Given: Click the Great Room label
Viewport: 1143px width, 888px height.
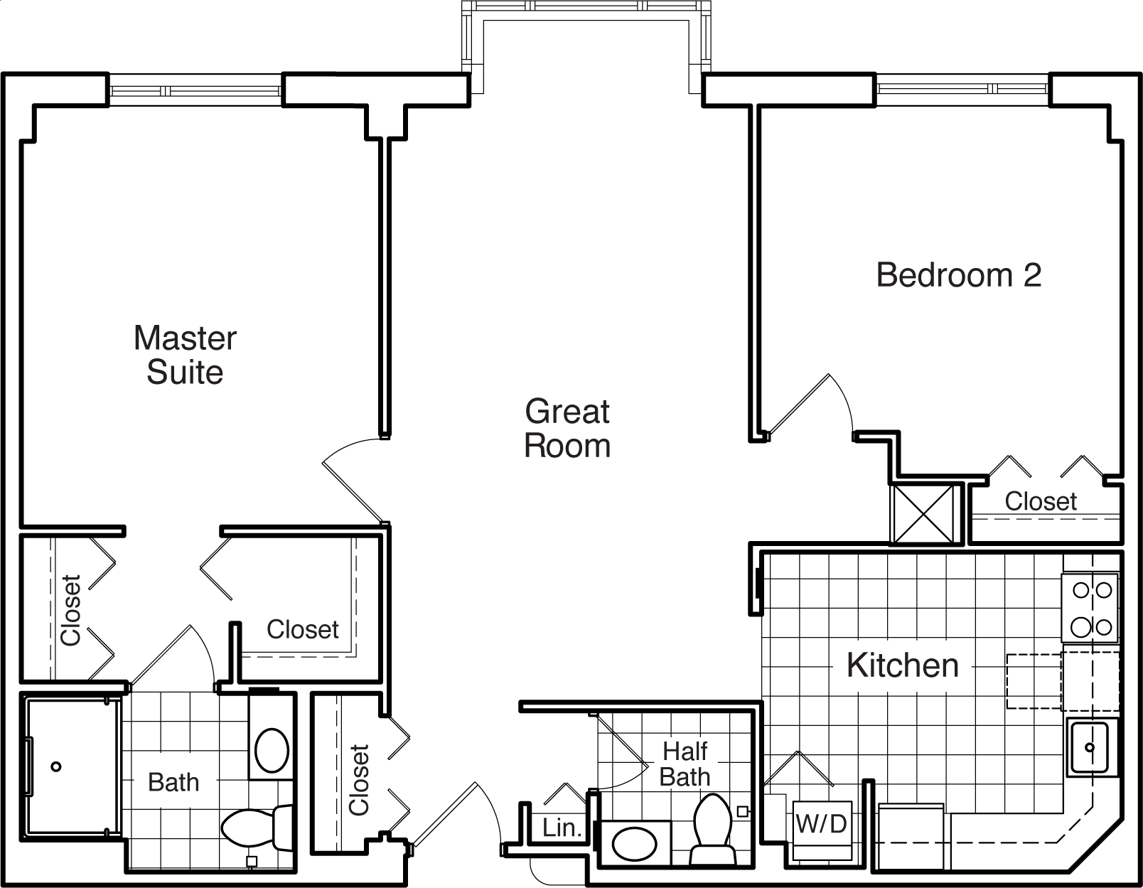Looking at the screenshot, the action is coord(567,428).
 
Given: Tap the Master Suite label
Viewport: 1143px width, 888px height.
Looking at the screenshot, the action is coord(185,355).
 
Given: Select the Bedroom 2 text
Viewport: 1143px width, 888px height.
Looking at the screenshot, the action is coord(958,274).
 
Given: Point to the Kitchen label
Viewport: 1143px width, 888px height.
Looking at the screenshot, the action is coord(903,665).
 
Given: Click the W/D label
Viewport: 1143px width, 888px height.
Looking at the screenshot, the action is coord(821,824).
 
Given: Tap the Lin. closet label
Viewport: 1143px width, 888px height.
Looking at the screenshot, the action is coord(562,828).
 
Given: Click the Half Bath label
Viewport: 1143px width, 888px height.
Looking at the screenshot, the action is coord(685,764).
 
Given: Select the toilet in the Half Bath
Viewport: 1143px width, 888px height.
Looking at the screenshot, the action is coord(713,830).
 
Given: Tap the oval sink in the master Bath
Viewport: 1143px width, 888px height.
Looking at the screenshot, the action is coord(272,751).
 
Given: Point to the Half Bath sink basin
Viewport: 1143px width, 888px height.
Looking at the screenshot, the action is coord(634,844).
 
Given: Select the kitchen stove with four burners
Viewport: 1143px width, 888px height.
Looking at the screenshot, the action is coord(1090,608).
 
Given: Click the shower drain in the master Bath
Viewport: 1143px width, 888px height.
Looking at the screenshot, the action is coord(55,766).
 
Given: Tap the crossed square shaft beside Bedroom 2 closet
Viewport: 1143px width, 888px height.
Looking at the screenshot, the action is coord(923,514).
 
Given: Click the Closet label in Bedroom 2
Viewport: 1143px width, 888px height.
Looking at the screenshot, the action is coord(1041,501).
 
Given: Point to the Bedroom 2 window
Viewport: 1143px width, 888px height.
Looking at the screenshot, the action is coord(962,89).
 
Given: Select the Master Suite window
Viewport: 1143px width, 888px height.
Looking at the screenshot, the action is coord(195,90).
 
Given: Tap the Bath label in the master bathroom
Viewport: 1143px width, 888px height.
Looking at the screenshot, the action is coord(173,782).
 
